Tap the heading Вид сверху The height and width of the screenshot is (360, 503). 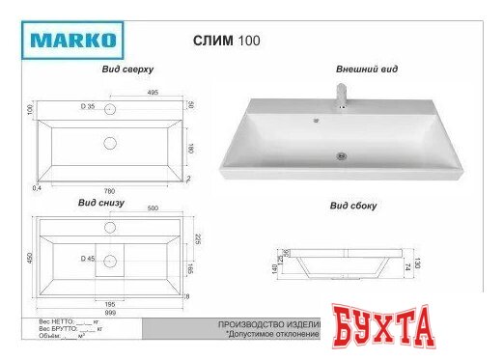(127, 71)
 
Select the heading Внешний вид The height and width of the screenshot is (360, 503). (367, 70)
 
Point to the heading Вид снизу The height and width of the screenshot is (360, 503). (100, 204)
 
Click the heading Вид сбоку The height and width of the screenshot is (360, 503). (352, 207)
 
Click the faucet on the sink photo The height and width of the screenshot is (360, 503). (340, 96)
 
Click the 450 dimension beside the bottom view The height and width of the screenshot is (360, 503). (29, 258)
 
